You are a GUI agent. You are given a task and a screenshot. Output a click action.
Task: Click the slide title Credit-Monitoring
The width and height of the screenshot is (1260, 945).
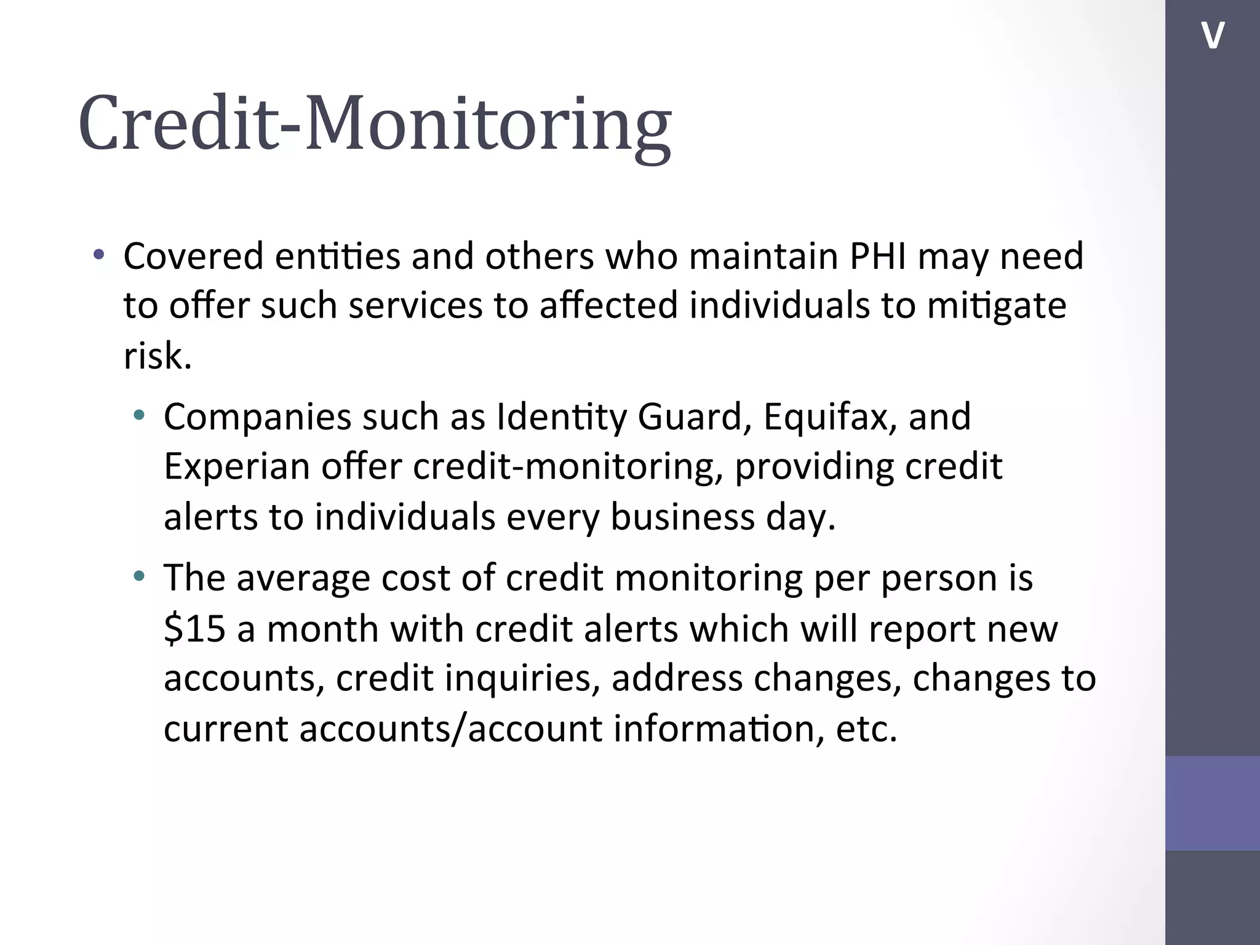pos(375,123)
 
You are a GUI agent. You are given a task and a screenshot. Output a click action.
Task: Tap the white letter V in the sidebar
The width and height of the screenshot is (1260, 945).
pos(1213,35)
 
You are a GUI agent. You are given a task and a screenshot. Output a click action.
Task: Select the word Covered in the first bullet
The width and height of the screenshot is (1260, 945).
pos(193,256)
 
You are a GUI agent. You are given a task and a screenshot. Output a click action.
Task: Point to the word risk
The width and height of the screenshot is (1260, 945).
pos(157,357)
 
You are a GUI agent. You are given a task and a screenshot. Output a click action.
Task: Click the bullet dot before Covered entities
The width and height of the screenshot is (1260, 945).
pos(99,254)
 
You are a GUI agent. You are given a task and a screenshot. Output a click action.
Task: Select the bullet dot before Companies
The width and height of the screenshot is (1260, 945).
pos(140,415)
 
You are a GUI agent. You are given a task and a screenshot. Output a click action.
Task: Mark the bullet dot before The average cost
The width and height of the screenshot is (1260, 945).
pos(140,576)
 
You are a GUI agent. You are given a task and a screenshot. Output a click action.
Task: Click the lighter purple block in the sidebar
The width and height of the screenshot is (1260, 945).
pos(1212,803)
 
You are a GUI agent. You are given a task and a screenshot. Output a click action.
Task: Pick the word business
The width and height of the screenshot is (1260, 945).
pos(682,517)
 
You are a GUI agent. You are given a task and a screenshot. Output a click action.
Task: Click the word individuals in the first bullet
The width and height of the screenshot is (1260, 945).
pos(779,306)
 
